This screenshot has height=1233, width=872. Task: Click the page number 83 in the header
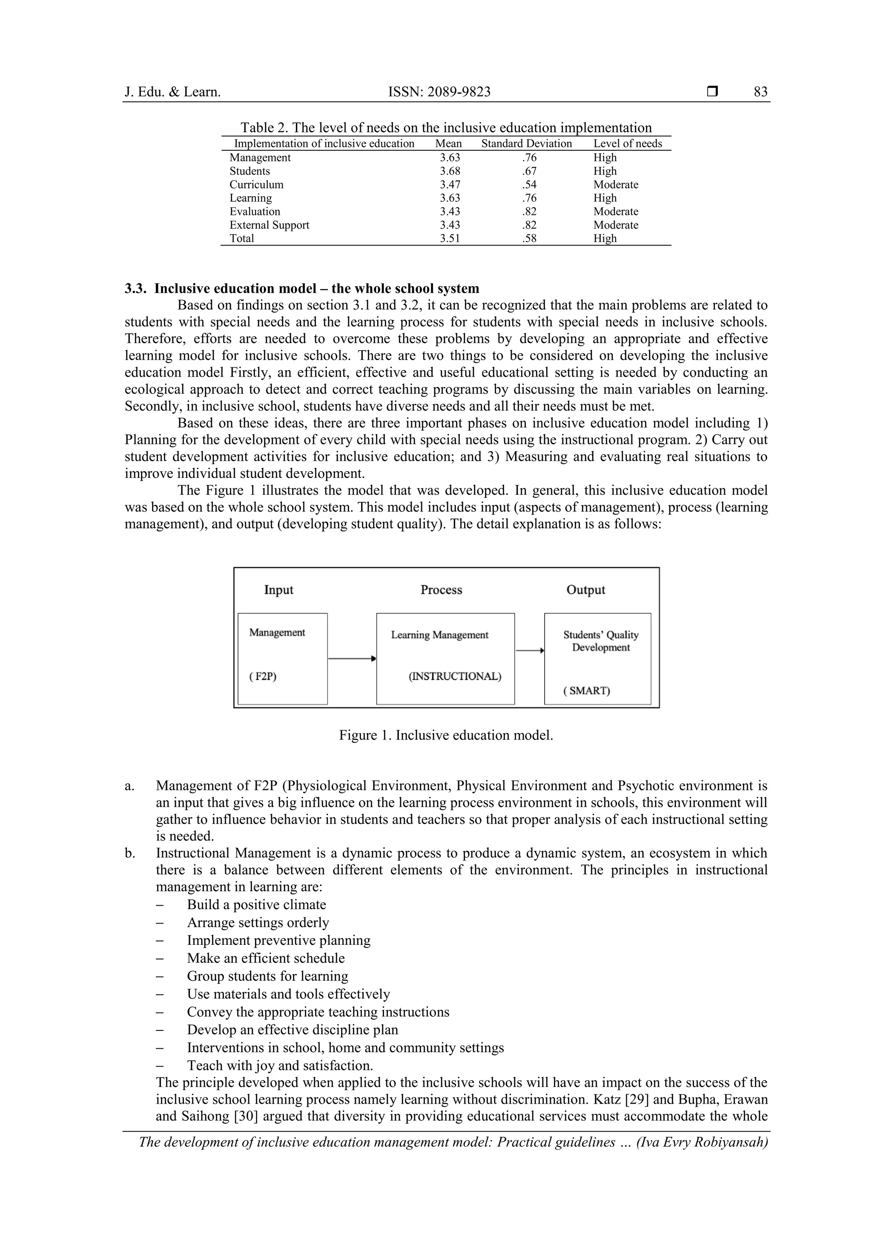tap(760, 92)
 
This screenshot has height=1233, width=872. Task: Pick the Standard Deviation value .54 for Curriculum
tap(529, 185)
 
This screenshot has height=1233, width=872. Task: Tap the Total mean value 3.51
tap(450, 238)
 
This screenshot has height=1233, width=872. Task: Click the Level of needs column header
tap(628, 143)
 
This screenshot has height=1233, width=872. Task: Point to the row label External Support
tap(269, 225)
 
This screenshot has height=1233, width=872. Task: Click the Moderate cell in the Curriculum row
tap(616, 185)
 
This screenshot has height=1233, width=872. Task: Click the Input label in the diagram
tap(278, 589)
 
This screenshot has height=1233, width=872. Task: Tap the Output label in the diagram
tap(585, 589)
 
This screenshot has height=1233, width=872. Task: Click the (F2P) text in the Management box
tap(263, 676)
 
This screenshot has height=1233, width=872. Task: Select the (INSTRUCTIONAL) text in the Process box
tap(455, 676)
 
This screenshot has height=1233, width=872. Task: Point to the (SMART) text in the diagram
tap(587, 691)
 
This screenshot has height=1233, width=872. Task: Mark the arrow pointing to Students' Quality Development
tap(530, 650)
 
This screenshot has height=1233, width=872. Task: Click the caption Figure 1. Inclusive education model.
tap(446, 735)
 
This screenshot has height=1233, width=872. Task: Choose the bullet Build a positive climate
tap(256, 905)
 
